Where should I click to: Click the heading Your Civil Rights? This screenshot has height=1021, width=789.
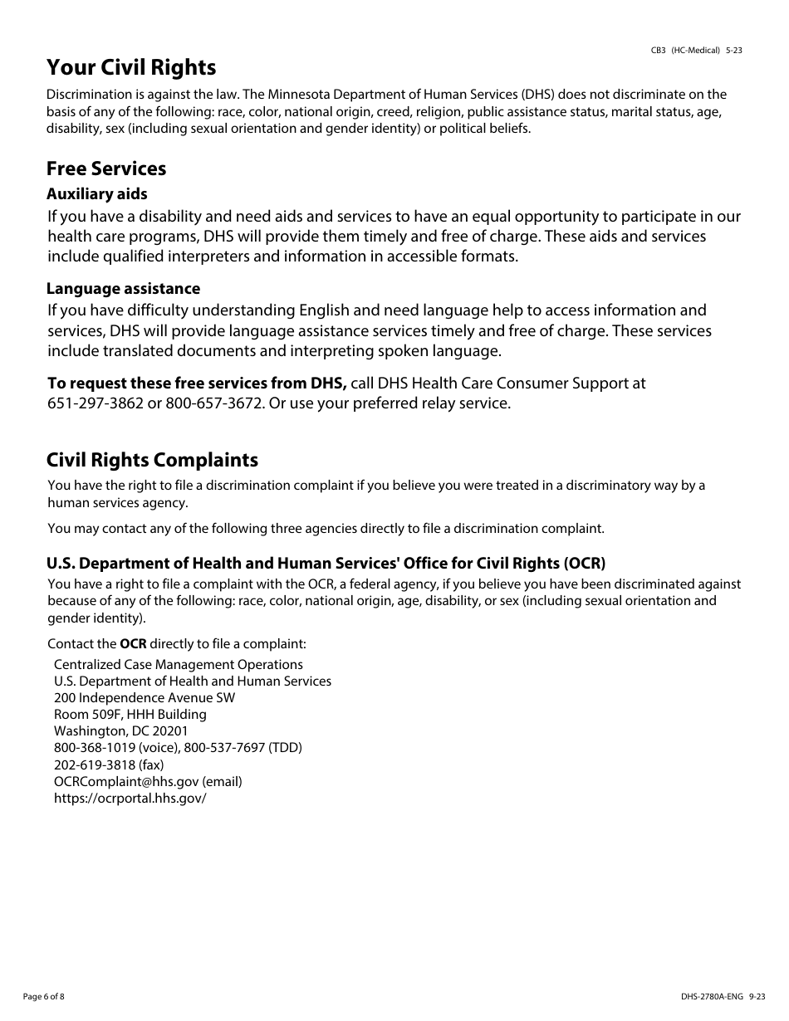pyautogui.click(x=131, y=67)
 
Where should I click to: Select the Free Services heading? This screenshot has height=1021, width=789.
pyautogui.click(x=106, y=169)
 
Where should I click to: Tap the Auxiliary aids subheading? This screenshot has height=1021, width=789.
pyautogui.click(x=96, y=194)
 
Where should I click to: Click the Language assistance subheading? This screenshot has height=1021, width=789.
pyautogui.click(x=123, y=289)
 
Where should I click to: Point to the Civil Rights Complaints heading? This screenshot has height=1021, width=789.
pyautogui.click(x=152, y=460)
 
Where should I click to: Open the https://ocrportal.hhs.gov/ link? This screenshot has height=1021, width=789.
pyautogui.click(x=130, y=798)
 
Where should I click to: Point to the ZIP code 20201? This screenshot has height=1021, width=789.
pyautogui.click(x=170, y=731)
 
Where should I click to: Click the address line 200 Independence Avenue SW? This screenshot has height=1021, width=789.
pyautogui.click(x=144, y=698)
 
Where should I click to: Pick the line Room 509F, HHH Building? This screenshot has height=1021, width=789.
pyautogui.click(x=130, y=715)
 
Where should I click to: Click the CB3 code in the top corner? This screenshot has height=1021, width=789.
pyautogui.click(x=658, y=51)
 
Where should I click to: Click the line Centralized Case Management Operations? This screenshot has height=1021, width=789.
pyautogui.click(x=178, y=665)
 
